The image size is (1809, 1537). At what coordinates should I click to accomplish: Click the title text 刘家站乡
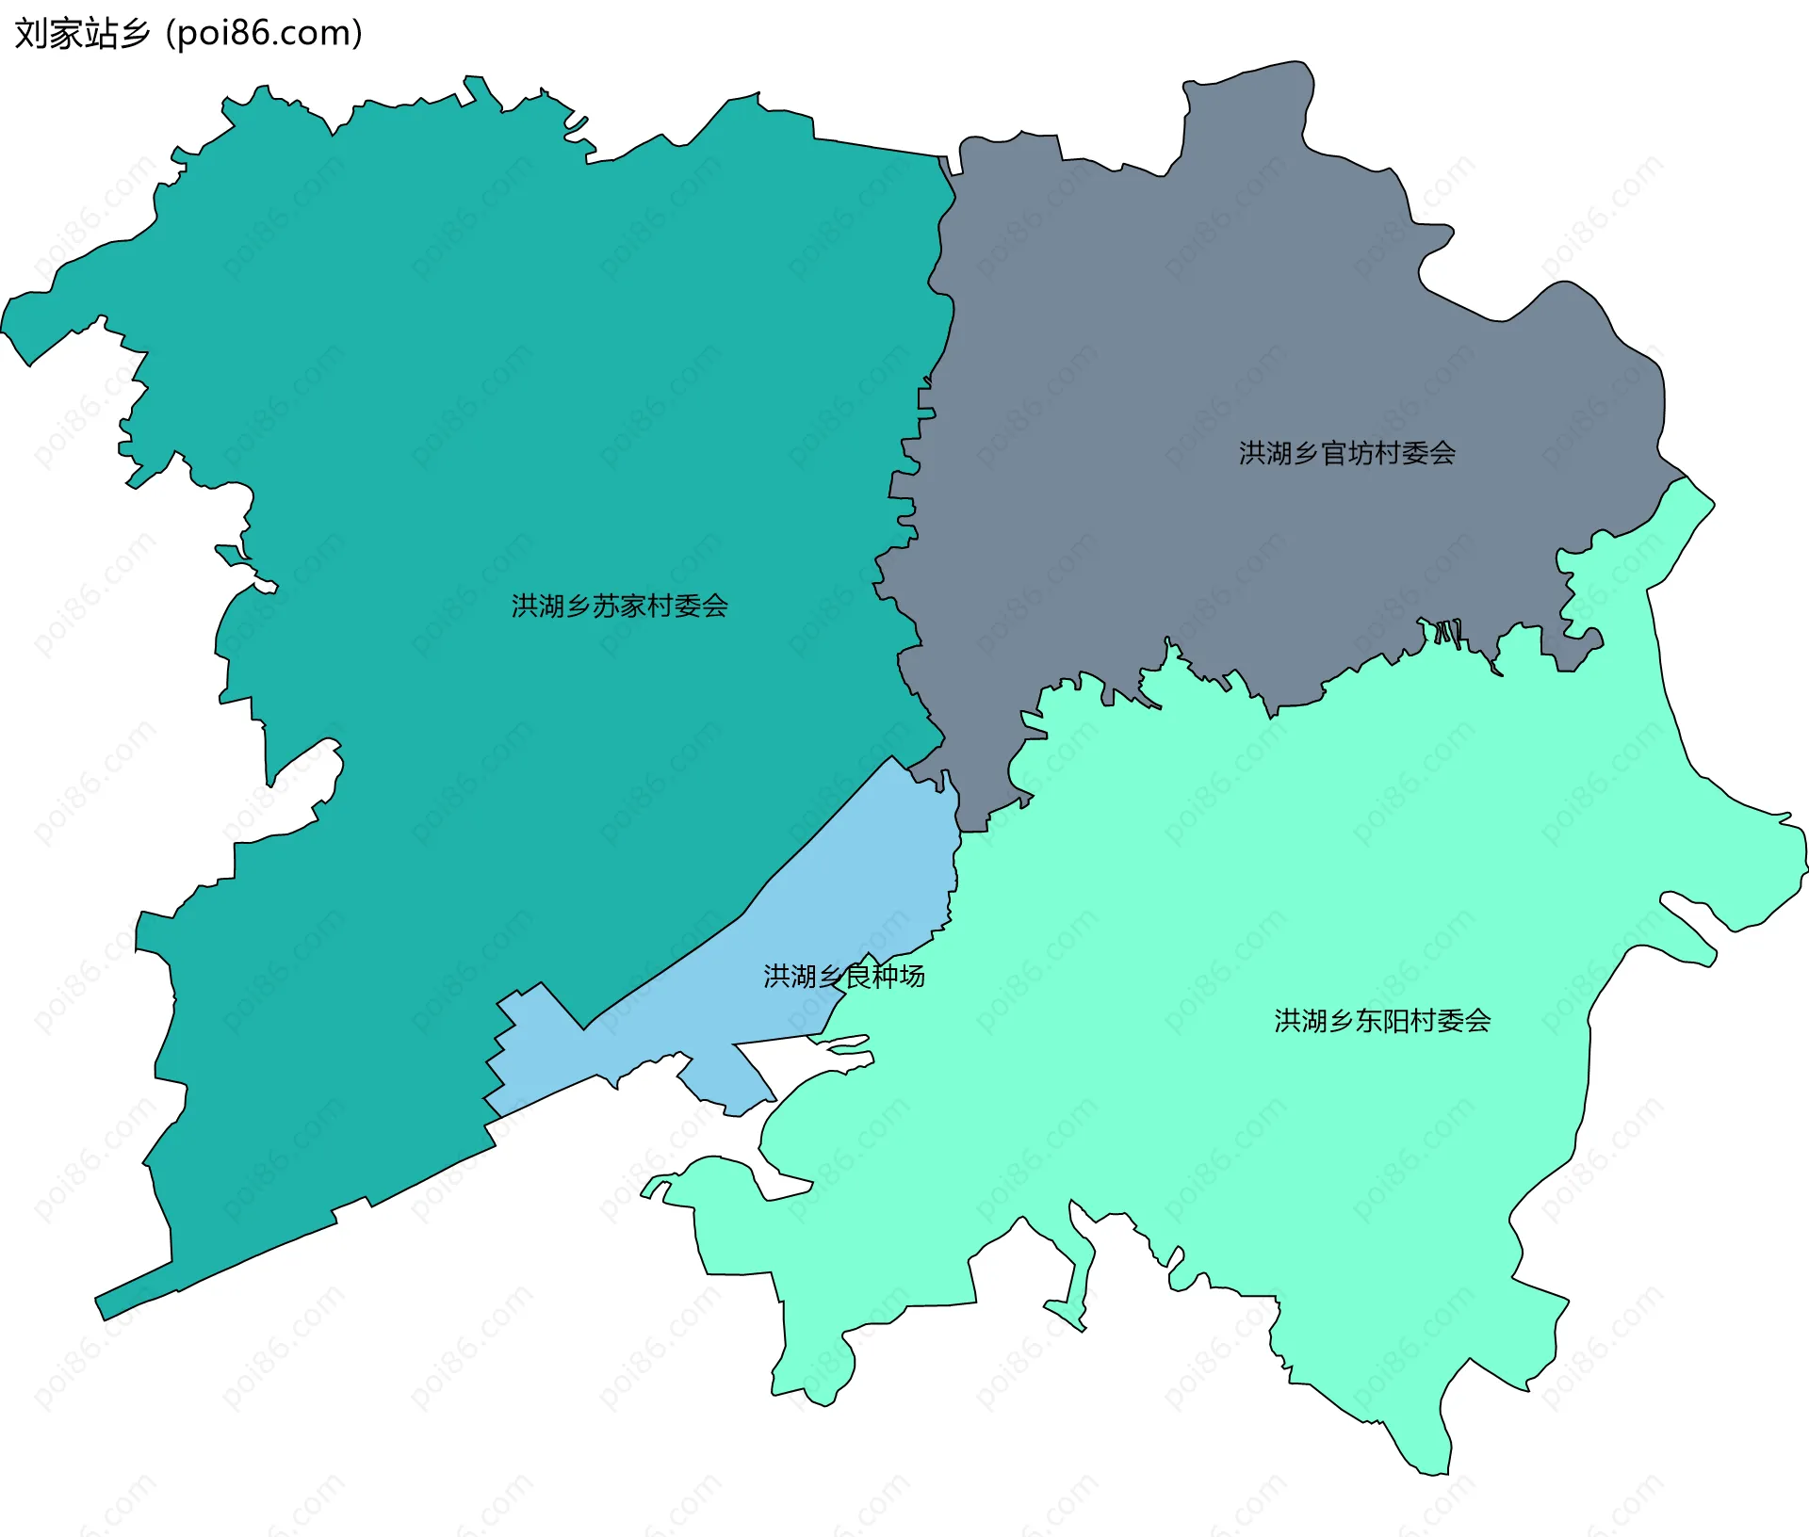click(x=82, y=34)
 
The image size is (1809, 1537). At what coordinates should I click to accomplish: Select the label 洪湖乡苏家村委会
click(x=619, y=606)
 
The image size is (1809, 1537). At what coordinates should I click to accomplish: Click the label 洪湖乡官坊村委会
click(x=1346, y=454)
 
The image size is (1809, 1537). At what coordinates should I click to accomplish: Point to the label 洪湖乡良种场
click(x=843, y=977)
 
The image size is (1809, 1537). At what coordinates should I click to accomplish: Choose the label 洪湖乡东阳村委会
click(x=1381, y=1021)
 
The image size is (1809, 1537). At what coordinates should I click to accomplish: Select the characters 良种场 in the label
click(x=884, y=977)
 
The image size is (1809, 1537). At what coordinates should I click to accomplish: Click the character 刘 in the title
click(x=28, y=34)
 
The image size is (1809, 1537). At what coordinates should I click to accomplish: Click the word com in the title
click(x=317, y=34)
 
